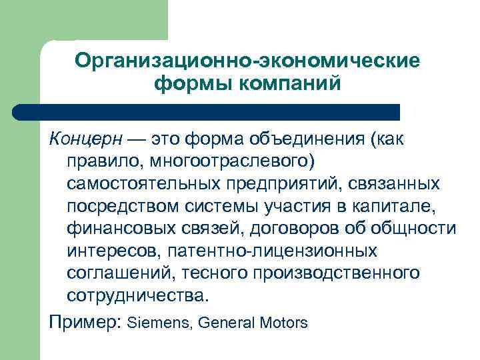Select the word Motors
coord(282,323)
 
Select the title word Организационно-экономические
coord(247,61)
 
